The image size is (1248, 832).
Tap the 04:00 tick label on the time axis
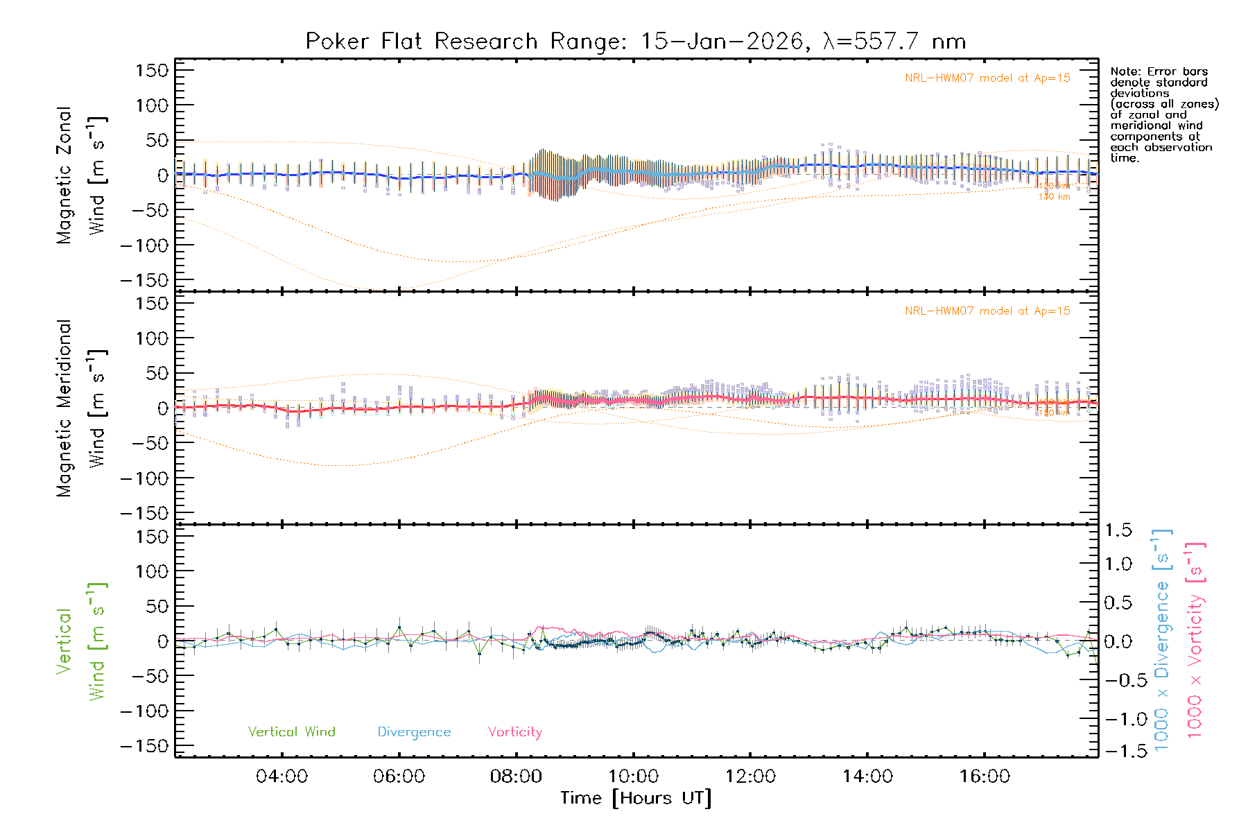(x=281, y=777)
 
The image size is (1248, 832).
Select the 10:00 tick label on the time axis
(x=633, y=777)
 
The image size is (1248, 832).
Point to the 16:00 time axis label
(x=985, y=777)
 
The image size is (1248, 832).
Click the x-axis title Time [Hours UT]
(x=636, y=799)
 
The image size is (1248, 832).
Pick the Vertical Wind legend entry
(x=291, y=732)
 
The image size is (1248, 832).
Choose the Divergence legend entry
(x=414, y=732)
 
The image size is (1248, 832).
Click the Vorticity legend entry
(x=514, y=732)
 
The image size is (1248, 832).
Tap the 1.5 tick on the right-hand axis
(x=1118, y=530)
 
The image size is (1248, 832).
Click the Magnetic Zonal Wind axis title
(x=82, y=175)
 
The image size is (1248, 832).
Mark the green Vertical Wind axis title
(x=82, y=641)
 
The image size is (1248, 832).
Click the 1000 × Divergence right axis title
(x=1162, y=640)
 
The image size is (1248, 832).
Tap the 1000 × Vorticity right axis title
(x=1195, y=640)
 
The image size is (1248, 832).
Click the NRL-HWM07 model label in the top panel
(x=987, y=78)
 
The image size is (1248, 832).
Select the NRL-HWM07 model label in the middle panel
(x=987, y=311)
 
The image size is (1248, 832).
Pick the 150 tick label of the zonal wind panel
(x=151, y=70)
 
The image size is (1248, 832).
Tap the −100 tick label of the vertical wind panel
(x=144, y=711)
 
